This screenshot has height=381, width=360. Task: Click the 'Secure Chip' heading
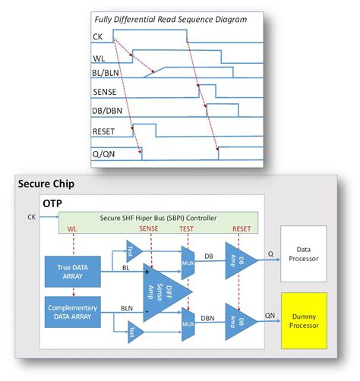(x=47, y=184)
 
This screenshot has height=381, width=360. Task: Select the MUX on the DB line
(x=188, y=258)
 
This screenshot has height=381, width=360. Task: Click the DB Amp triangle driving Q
(x=238, y=258)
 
